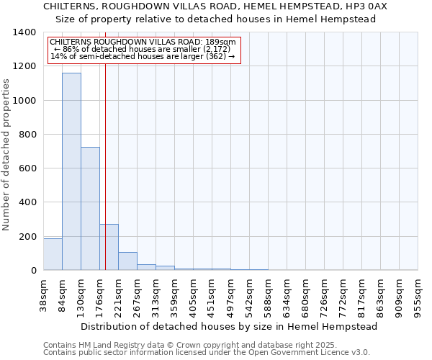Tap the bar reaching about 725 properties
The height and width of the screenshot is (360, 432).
90,209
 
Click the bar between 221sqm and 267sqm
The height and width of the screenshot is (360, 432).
127,261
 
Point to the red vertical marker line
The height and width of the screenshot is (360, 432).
105,180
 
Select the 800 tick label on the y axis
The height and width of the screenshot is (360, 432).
27,135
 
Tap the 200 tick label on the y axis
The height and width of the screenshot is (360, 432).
27,237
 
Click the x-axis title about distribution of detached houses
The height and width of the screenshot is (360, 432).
230,326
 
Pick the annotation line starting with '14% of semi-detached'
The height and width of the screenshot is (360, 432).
142,56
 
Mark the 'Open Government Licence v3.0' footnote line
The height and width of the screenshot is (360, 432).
206,353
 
